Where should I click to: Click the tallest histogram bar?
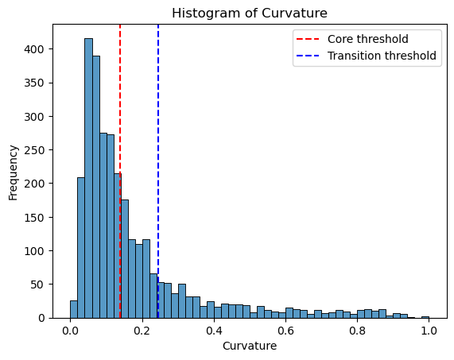click(x=88, y=178)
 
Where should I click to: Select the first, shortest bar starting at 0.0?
click(x=74, y=309)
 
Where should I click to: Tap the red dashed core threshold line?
click(x=120, y=172)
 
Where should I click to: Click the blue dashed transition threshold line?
click(x=158, y=172)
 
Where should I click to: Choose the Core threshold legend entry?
click(x=352, y=39)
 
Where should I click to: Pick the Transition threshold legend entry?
click(x=367, y=56)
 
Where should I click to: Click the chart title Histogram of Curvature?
click(x=250, y=14)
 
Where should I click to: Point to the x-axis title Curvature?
click(x=250, y=346)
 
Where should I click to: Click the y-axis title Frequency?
click(x=13, y=172)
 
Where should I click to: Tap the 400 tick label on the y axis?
click(x=34, y=49)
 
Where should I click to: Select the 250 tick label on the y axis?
click(x=34, y=150)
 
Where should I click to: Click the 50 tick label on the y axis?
click(x=37, y=285)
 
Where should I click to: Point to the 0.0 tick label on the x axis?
click(x=70, y=330)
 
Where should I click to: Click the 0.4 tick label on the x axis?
click(x=214, y=330)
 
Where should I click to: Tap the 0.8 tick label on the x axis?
click(x=357, y=330)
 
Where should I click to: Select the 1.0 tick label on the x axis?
click(x=429, y=330)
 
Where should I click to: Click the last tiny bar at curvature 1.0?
click(x=425, y=317)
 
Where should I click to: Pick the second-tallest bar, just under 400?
click(x=96, y=187)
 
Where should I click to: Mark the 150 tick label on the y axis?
click(x=34, y=217)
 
